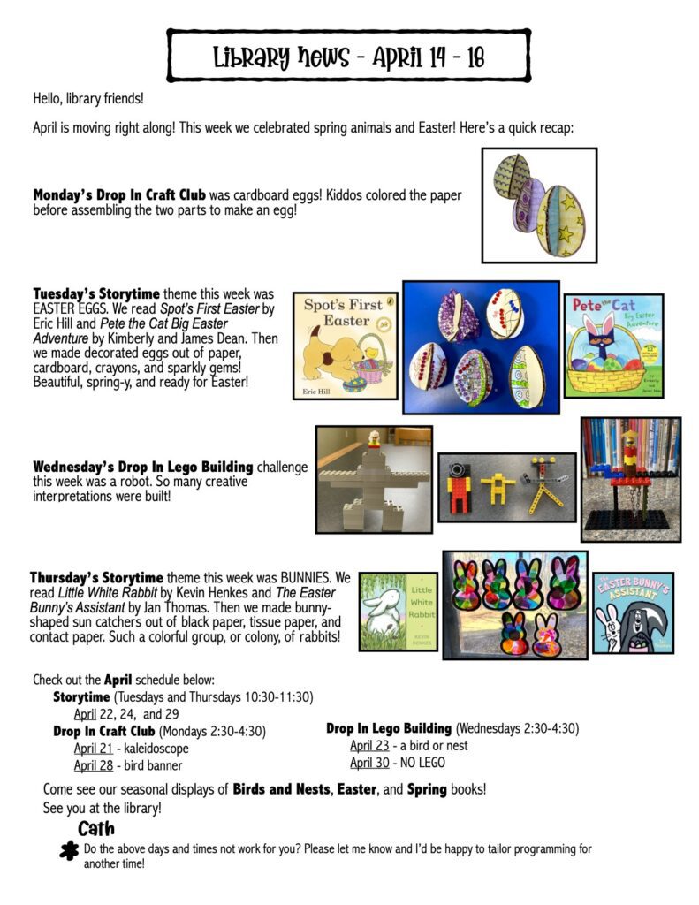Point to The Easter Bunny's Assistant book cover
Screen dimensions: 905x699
click(633, 612)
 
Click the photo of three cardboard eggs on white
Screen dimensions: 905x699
click(539, 204)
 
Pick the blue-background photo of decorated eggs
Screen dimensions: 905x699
click(482, 347)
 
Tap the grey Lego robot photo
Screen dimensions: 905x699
click(374, 479)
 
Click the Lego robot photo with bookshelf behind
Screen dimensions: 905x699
click(630, 479)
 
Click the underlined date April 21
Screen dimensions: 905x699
click(93, 749)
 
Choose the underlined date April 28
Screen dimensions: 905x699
click(93, 765)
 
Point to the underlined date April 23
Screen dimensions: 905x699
click(368, 745)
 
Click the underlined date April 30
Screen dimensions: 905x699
click(368, 762)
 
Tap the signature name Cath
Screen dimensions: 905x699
click(96, 829)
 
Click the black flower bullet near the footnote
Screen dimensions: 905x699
click(66, 851)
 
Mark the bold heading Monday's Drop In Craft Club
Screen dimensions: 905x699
click(119, 194)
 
